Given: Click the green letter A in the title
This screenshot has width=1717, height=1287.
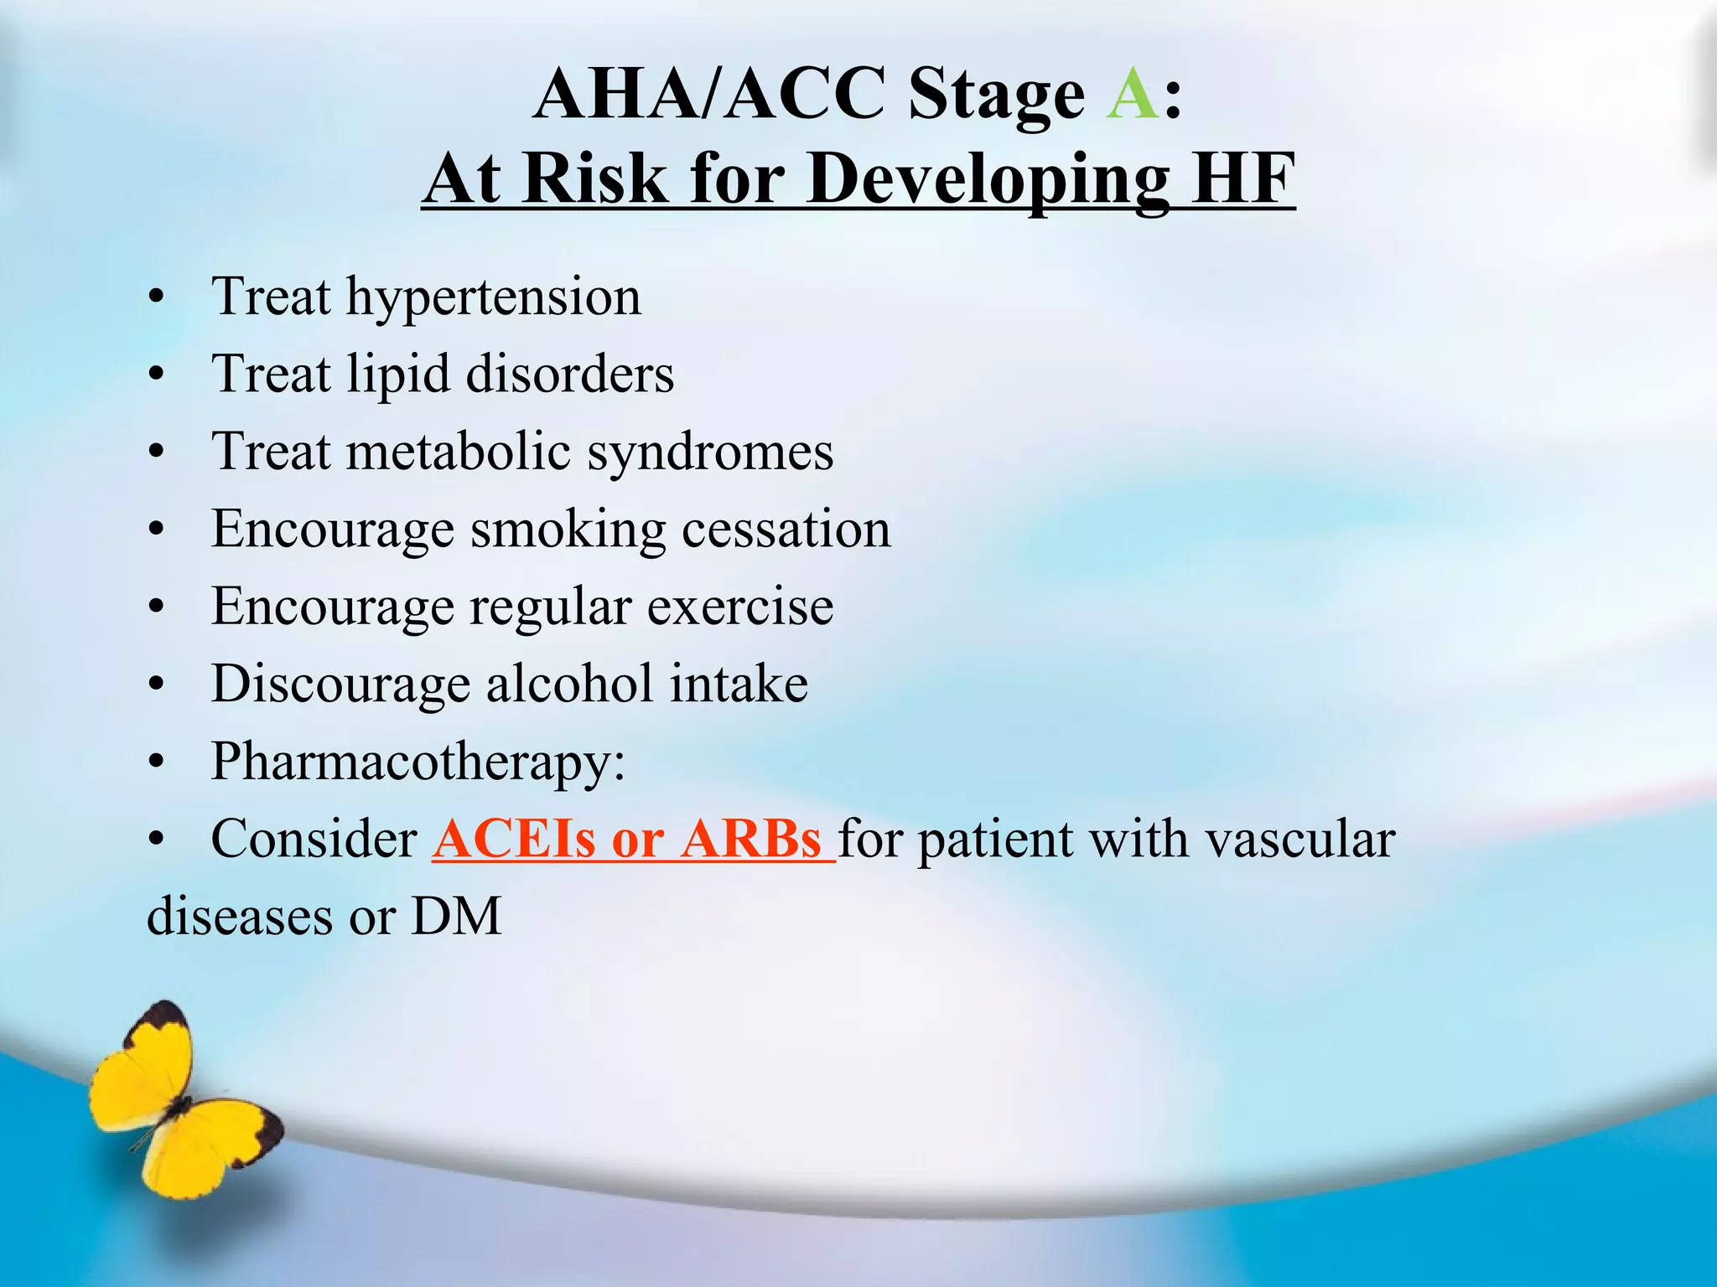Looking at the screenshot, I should pyautogui.click(x=1132, y=94).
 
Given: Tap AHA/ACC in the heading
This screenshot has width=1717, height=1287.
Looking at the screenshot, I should pyautogui.click(x=708, y=94).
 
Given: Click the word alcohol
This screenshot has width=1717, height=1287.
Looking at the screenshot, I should pyautogui.click(x=569, y=684).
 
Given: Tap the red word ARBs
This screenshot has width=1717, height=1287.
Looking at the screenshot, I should pyautogui.click(x=751, y=839).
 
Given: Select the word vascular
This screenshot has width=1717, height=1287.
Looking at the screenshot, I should pyautogui.click(x=1300, y=839).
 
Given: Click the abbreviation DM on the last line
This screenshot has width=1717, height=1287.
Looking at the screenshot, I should pyautogui.click(x=456, y=916).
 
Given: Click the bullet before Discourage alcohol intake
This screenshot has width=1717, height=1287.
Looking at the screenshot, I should pyautogui.click(x=156, y=685).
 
